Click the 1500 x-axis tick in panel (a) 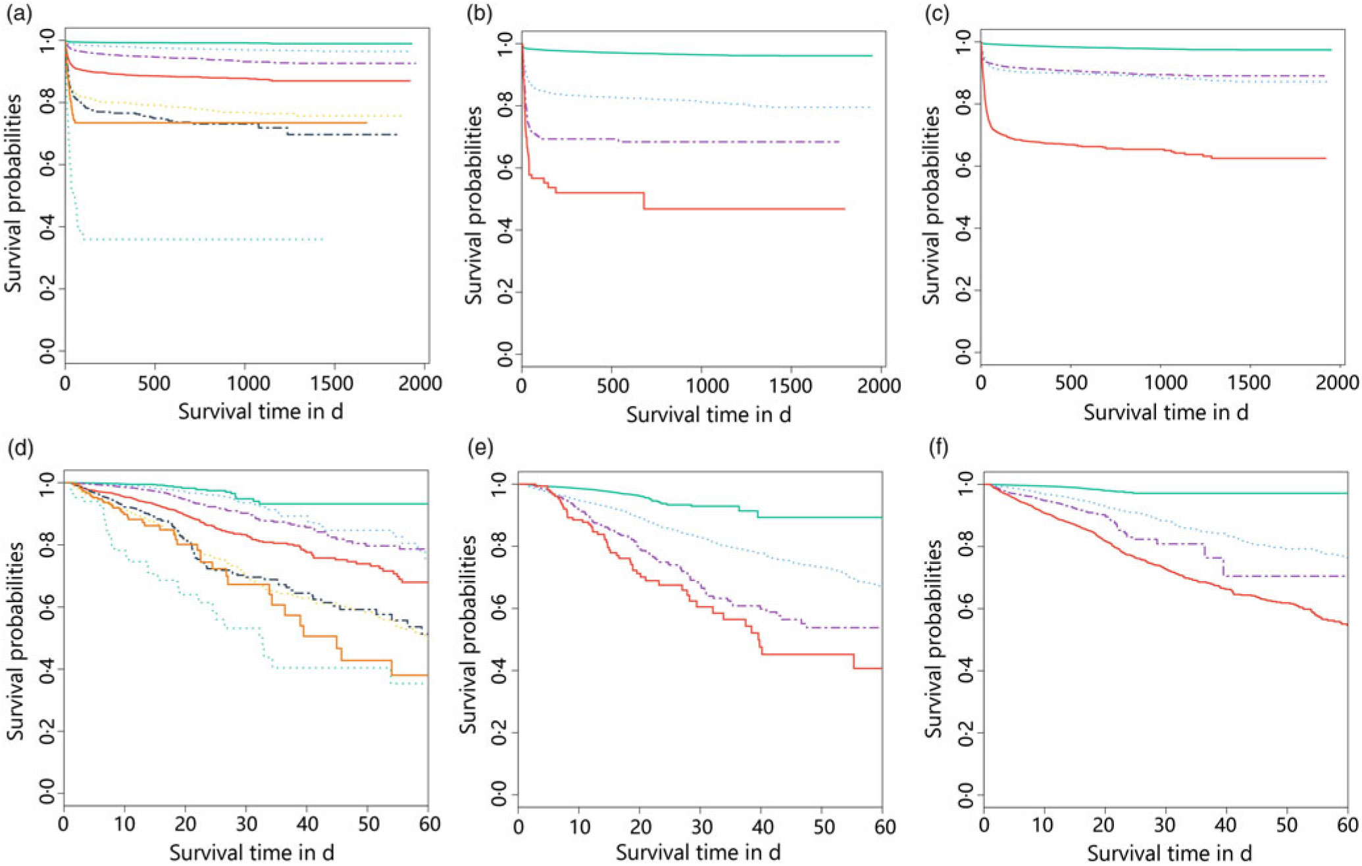pos(334,384)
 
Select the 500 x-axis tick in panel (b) pos(613,387)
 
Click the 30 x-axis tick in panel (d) pos(246,825)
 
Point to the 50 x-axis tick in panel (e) pos(823,827)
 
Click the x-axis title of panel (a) pos(260,412)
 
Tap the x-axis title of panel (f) pos(1169,853)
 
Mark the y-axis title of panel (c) pos(930,205)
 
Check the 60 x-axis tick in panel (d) pos(428,825)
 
